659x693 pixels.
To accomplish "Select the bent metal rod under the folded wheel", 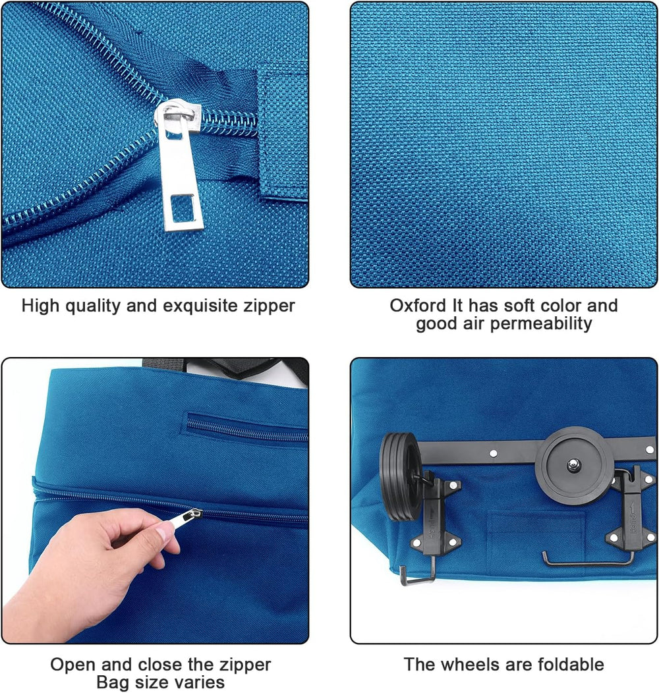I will coord(587,560).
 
